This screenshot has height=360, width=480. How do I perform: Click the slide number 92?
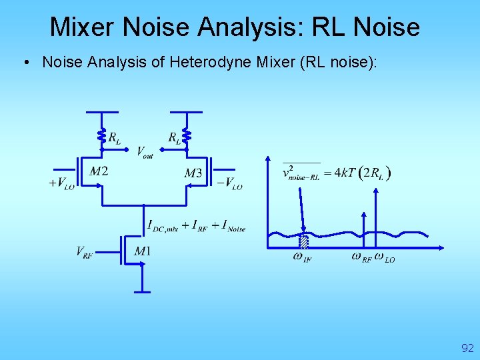pos(467,347)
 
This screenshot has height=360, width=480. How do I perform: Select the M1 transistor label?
pos(142,251)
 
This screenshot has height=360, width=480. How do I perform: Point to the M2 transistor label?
pos(99,171)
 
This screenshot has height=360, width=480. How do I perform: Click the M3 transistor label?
pos(193,173)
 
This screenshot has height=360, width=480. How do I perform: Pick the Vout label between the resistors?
pos(145,152)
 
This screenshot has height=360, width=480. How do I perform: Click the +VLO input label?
pos(62,183)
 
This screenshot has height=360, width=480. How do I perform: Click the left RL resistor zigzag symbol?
pos(102,136)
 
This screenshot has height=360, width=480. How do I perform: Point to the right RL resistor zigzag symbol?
pos(187,136)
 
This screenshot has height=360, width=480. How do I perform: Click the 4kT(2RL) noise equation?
pos(337,173)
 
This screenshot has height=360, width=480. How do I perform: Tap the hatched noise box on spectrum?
pos(303,242)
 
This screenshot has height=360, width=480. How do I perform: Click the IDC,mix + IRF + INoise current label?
pos(196,226)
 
